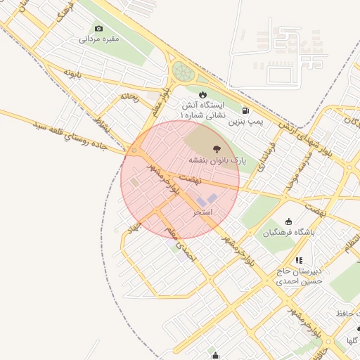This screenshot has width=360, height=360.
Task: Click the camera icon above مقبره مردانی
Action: click(x=98, y=28)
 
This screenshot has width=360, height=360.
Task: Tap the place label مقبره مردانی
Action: click(x=98, y=39)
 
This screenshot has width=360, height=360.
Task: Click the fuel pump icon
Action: click(x=245, y=110)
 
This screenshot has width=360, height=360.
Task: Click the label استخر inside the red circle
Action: click(x=203, y=212)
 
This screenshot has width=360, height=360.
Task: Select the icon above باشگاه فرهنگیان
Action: click(x=289, y=221)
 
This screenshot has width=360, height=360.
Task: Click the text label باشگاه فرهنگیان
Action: click(x=289, y=233)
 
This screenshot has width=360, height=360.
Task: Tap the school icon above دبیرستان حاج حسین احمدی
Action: click(x=299, y=260)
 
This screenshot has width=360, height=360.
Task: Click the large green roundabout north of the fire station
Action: click(x=183, y=71)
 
